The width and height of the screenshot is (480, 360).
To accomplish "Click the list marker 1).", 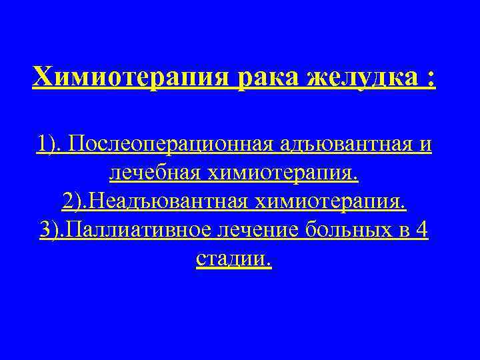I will click(x=50, y=144).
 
